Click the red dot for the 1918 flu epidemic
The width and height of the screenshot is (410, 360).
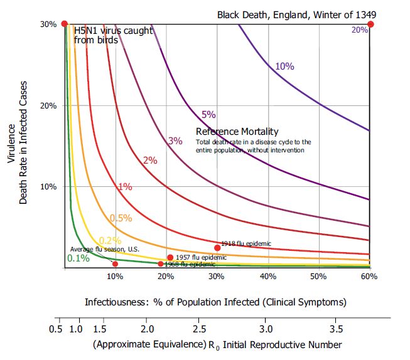217,248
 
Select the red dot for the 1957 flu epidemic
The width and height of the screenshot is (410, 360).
170,257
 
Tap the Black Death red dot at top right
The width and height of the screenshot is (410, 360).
370,24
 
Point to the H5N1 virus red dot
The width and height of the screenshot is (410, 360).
64,24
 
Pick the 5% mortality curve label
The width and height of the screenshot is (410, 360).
208,115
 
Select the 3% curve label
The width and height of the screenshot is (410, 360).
175,141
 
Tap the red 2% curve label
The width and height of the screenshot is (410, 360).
150,161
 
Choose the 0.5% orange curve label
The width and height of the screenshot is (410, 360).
121,218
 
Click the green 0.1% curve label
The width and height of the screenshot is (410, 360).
78,258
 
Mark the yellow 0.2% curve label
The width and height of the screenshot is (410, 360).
111,240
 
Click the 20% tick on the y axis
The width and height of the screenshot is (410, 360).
49,105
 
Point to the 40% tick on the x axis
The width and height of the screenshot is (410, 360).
268,277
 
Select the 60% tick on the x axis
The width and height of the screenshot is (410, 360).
369,277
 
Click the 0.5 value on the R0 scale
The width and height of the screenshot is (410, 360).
56,329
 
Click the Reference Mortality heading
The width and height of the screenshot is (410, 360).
237,132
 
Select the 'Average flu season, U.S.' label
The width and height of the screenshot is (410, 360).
104,249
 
